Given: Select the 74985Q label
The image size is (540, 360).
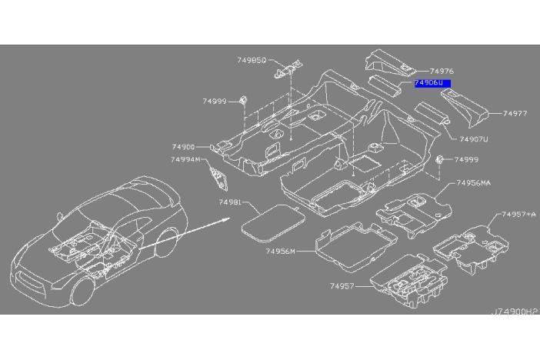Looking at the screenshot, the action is (252, 60).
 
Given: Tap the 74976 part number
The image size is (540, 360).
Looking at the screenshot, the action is (442, 72).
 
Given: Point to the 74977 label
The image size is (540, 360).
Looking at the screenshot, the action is (515, 113).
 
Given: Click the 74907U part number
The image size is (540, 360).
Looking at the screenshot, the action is (474, 139).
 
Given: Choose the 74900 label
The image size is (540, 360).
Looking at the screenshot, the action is (183, 147).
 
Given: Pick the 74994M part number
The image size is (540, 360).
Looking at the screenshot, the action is (185, 160).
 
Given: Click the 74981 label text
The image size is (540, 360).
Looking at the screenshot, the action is (230, 202).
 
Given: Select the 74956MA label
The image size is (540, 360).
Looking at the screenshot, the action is (474, 183).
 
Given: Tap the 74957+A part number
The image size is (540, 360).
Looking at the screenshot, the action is (518, 215).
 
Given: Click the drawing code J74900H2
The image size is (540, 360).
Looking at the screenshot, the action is (516, 312).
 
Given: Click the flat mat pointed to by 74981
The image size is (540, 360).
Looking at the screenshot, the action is (273, 222).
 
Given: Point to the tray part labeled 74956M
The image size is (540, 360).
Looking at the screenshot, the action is (355, 247).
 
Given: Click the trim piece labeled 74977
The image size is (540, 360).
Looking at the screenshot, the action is (465, 106).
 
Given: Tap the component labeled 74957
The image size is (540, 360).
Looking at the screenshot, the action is (409, 280).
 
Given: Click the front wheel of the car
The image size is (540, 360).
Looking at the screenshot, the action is (82, 291).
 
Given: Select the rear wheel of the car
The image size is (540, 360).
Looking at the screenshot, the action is (166, 242).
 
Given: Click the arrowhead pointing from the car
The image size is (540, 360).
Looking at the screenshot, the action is (226, 219).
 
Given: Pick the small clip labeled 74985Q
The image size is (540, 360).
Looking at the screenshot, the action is (288, 68).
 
